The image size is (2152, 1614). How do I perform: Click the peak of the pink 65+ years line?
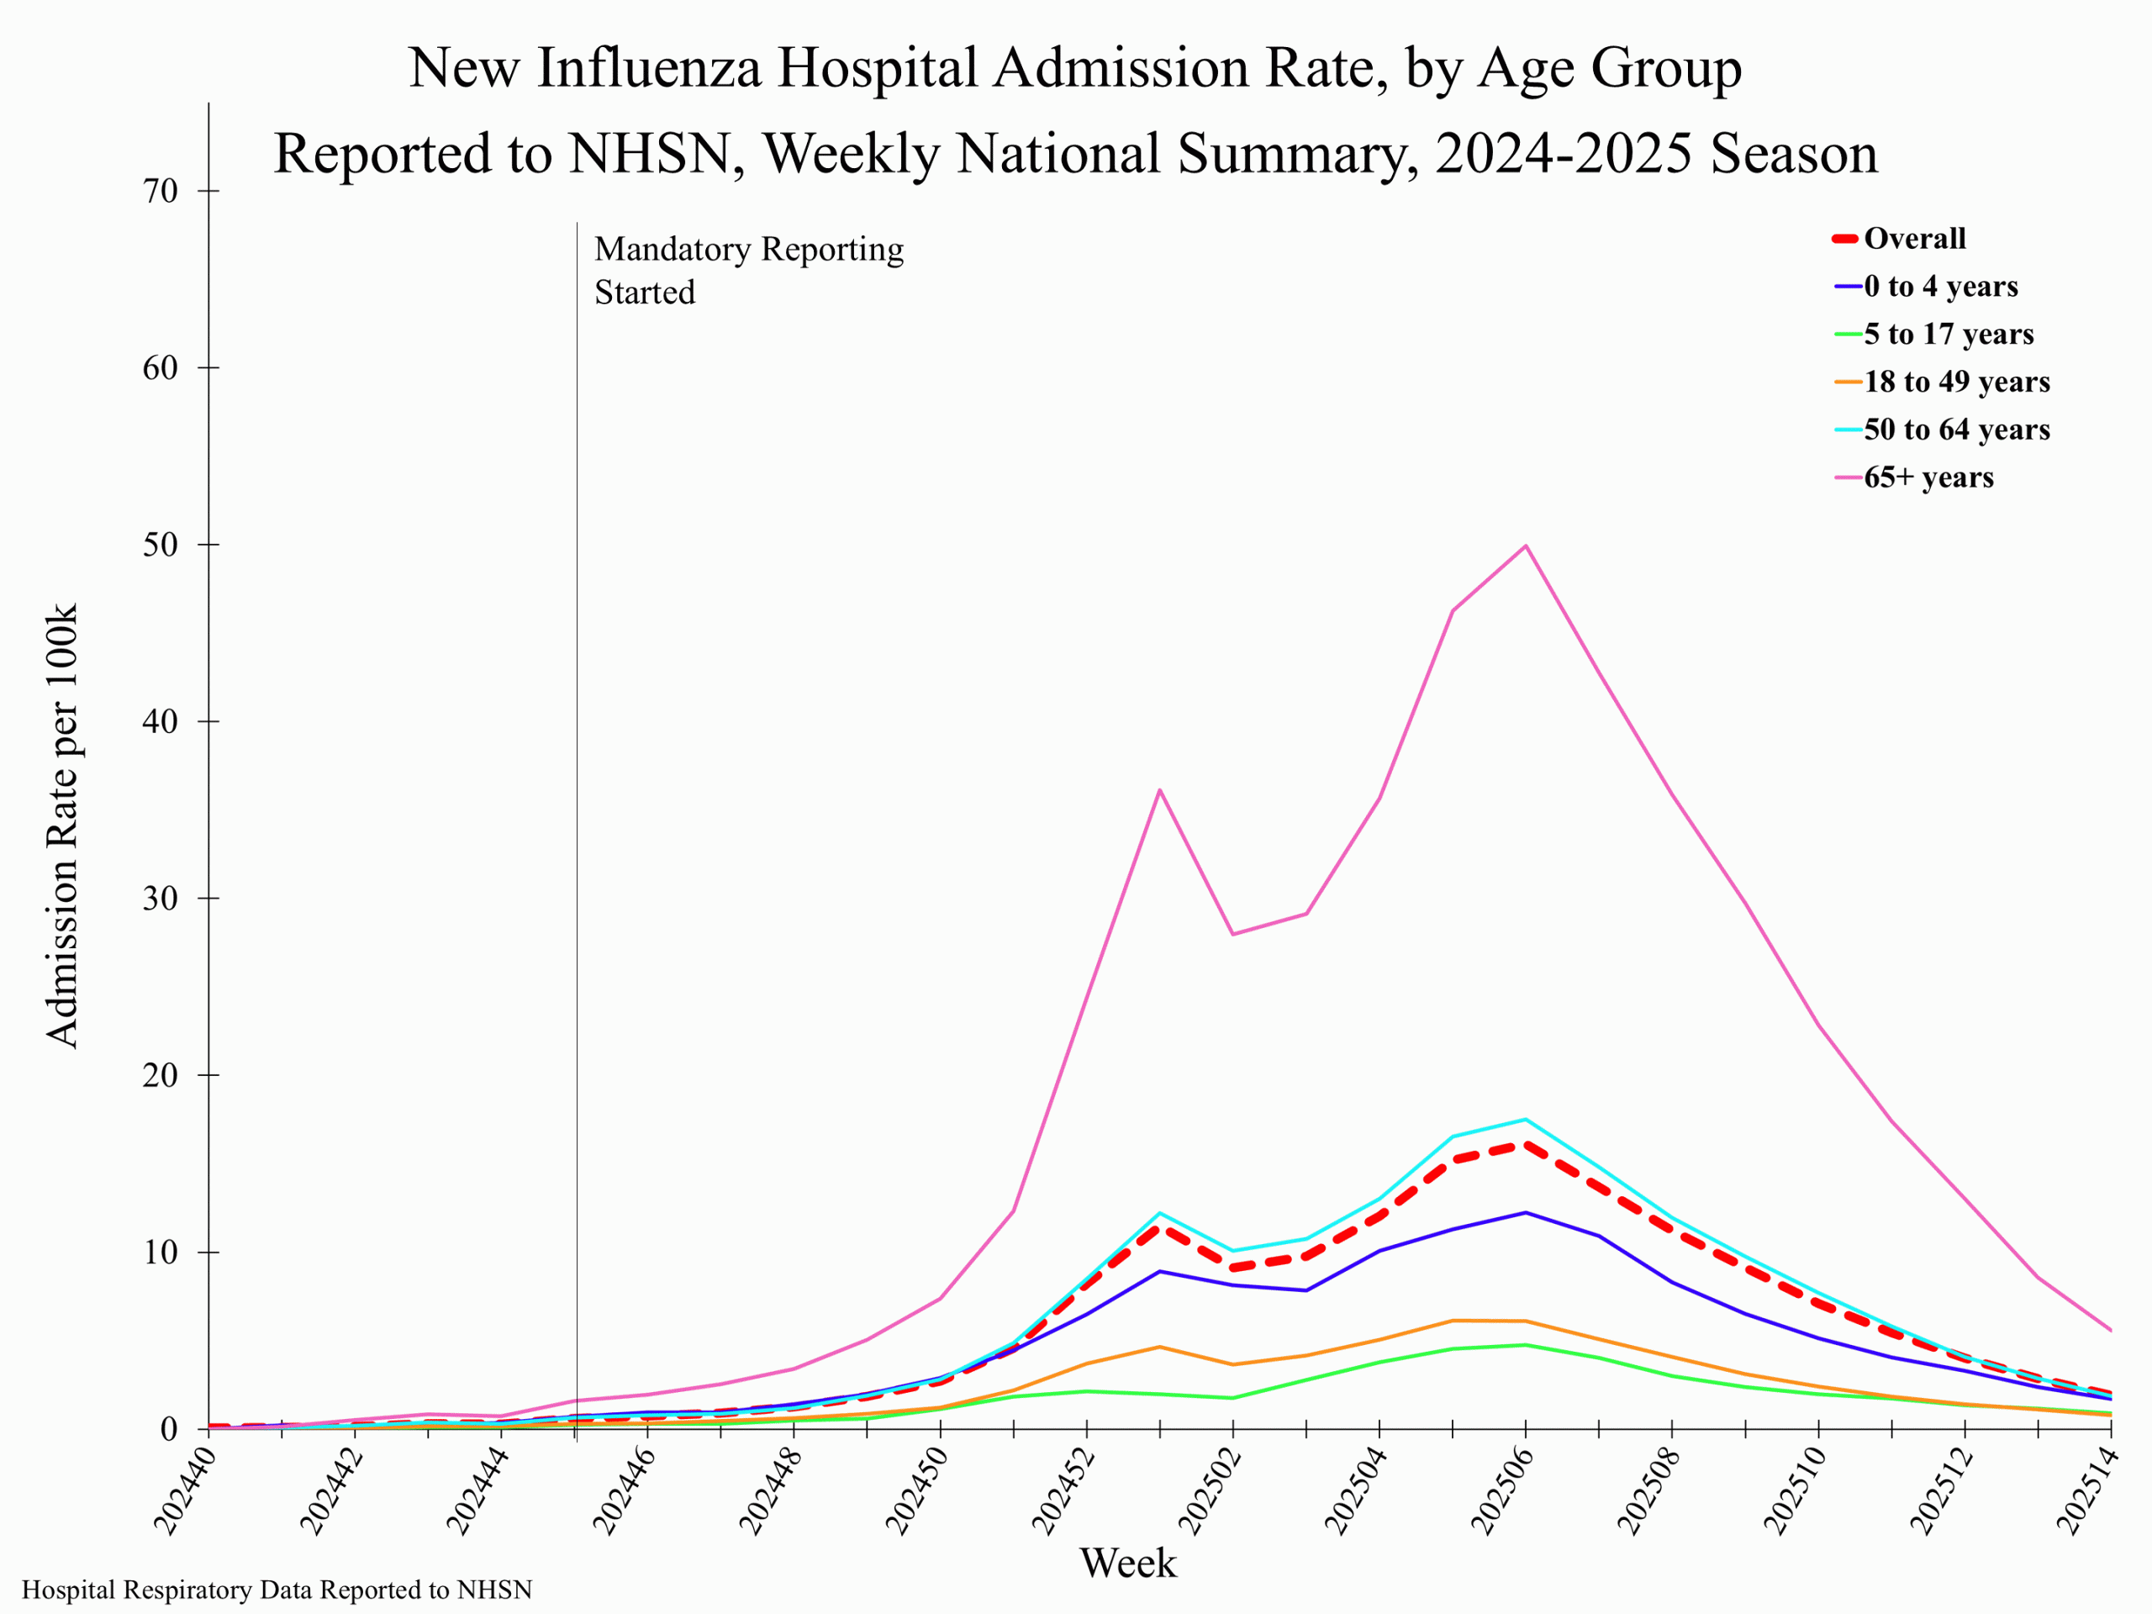pyautogui.click(x=1525, y=546)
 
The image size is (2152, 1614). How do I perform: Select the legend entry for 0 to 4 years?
pyautogui.click(x=1940, y=286)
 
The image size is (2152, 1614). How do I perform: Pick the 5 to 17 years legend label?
pyautogui.click(x=1948, y=334)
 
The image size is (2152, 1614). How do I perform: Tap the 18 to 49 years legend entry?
pyautogui.click(x=1955, y=382)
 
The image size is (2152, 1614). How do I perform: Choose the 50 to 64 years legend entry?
pyautogui.click(x=1955, y=429)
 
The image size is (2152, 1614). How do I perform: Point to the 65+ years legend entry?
pyautogui.click(x=1928, y=477)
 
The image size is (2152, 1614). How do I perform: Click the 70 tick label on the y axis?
pyautogui.click(x=161, y=191)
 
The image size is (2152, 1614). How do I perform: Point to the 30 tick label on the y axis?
pyautogui.click(x=161, y=898)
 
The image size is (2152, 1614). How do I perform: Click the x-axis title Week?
pyautogui.click(x=1127, y=1563)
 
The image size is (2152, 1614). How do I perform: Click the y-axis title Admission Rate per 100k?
pyautogui.click(x=62, y=826)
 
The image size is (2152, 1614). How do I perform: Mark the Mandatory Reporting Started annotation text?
pyautogui.click(x=748, y=271)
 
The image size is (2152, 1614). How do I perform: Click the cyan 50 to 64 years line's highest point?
pyautogui.click(x=1525, y=1120)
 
